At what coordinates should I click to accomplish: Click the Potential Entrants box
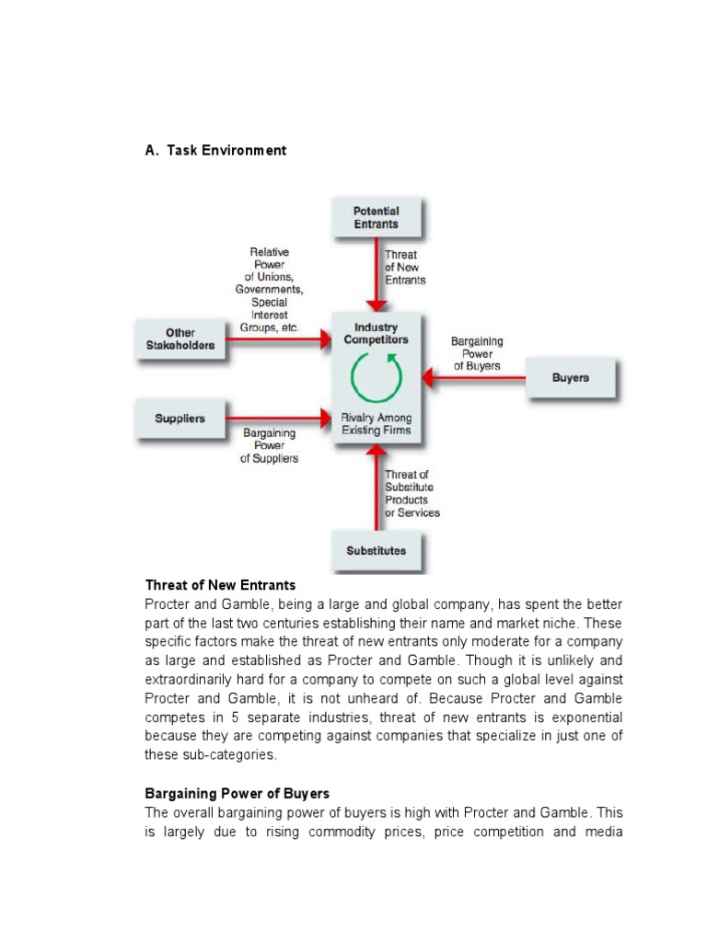click(377, 217)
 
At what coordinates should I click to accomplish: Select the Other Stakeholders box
click(180, 339)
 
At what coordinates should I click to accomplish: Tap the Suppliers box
click(180, 419)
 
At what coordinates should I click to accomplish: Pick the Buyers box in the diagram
click(571, 377)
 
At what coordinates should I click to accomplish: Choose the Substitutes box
click(377, 551)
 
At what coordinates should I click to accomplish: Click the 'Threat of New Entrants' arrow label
click(405, 267)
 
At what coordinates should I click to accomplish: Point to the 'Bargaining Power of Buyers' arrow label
click(476, 353)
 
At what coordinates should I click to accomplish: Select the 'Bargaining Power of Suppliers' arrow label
click(269, 445)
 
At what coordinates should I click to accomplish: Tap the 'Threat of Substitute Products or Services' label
click(411, 493)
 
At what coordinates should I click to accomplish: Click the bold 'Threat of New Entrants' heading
click(220, 585)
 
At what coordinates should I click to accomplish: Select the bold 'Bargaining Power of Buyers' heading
click(237, 793)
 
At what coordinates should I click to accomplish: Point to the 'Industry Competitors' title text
click(377, 333)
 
